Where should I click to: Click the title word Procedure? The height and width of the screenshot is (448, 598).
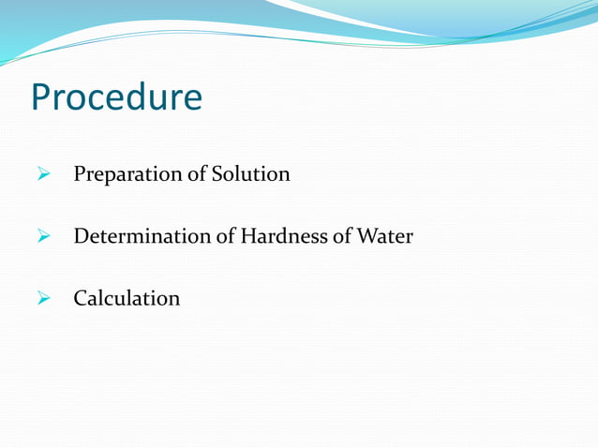pos(116,97)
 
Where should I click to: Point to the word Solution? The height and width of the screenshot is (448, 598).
pos(249,175)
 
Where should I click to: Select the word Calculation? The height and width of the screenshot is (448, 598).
pos(127,299)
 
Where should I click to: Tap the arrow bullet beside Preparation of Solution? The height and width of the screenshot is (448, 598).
pos(43,175)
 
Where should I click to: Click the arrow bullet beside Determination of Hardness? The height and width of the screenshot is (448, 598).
pos(43,237)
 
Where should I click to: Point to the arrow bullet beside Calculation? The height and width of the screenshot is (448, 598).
pos(43,299)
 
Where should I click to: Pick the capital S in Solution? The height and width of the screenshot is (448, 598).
pos(217,175)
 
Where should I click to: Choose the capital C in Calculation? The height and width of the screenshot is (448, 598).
pos(82,299)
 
